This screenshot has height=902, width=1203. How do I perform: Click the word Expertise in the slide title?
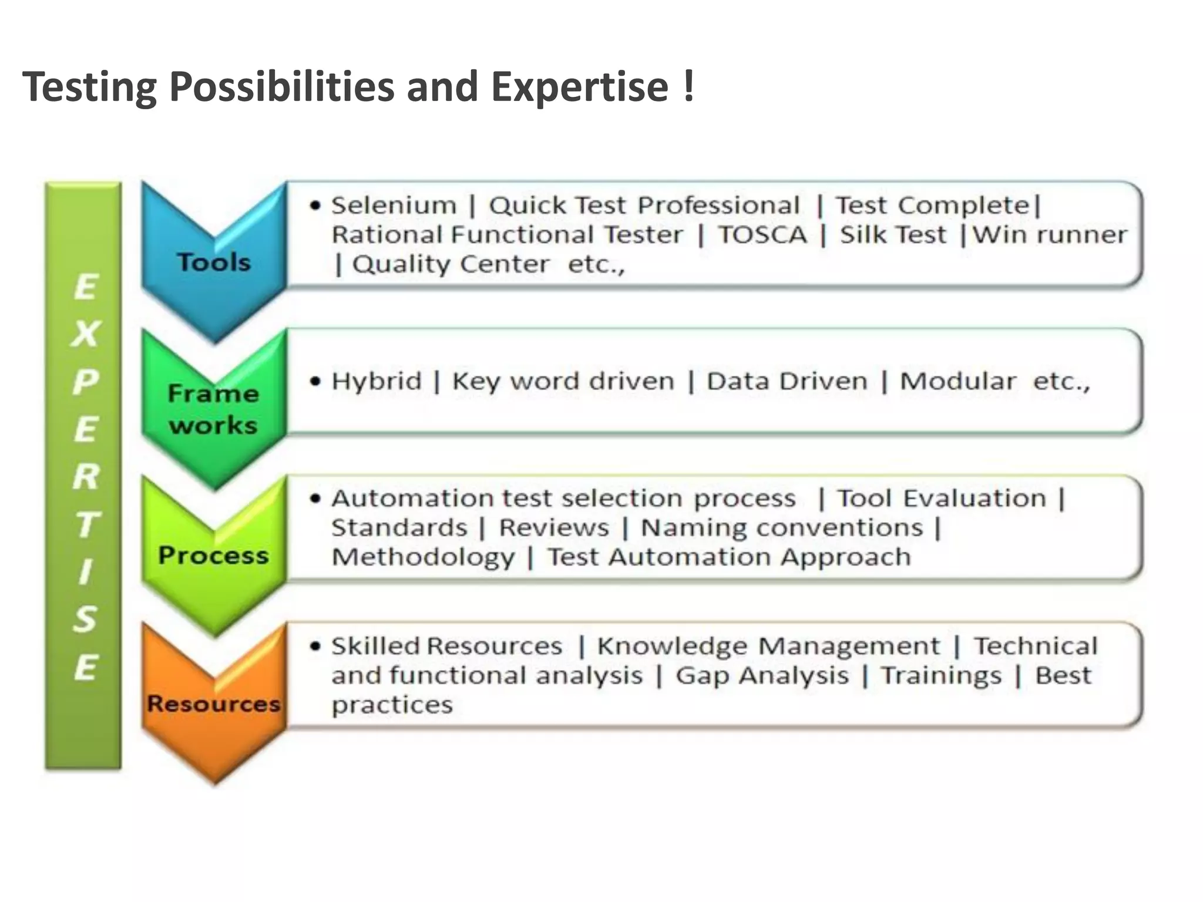(580, 87)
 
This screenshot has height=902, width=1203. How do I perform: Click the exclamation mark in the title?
(688, 86)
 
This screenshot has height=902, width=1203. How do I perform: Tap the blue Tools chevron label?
(214, 262)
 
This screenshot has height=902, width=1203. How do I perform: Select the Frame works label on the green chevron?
(213, 409)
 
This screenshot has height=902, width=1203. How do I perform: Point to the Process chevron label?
(213, 555)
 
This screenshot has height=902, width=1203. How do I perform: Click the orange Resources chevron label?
(214, 703)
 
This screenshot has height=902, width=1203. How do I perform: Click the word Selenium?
(394, 206)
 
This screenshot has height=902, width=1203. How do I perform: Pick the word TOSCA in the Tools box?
(762, 235)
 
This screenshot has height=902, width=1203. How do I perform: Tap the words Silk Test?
(893, 235)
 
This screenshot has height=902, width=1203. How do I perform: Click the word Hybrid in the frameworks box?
(377, 381)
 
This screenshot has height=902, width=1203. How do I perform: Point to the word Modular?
(957, 381)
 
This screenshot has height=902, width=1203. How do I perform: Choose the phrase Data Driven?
(787, 381)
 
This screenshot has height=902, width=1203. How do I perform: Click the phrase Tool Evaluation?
(942, 499)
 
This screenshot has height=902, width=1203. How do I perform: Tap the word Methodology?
(423, 557)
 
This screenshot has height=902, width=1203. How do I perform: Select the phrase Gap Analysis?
(762, 675)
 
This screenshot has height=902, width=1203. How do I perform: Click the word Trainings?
(941, 675)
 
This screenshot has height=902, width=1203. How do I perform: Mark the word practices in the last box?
(392, 705)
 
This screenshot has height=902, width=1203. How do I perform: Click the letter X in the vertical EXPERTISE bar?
(86, 334)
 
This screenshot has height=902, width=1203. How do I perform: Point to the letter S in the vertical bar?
(85, 619)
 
